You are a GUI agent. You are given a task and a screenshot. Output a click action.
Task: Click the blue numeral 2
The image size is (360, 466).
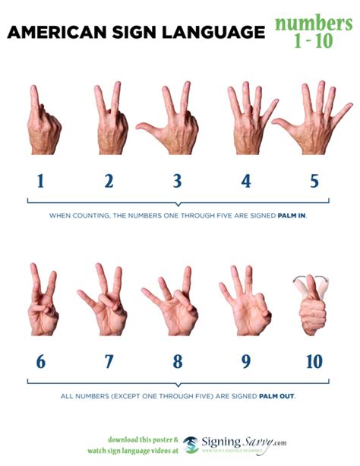coord(109,182)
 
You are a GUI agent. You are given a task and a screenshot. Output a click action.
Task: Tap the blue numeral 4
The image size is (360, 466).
coord(246,182)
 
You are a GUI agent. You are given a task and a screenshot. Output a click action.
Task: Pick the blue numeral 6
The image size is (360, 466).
coord(40,362)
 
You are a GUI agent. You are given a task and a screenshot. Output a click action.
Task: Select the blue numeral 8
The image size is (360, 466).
coord(177,362)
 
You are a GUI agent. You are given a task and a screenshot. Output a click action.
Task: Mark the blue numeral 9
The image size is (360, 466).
coord(246,362)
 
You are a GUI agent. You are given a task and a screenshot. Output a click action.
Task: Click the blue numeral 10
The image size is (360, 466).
coord(314,362)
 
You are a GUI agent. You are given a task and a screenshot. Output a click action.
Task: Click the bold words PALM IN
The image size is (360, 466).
coord(292,215)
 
